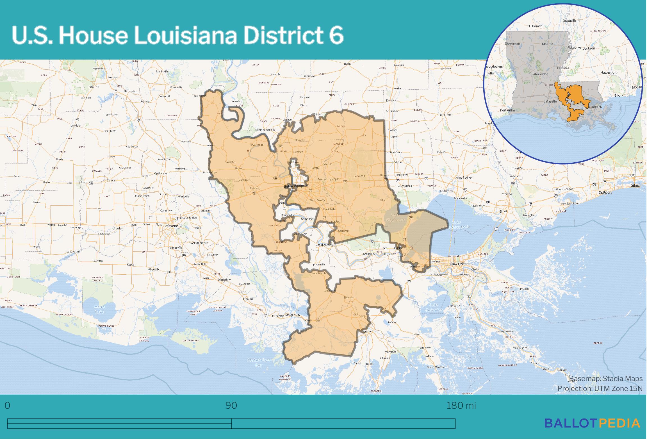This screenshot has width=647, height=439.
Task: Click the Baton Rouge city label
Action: click(294, 186)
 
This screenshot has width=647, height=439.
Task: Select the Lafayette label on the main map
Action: click(171, 226)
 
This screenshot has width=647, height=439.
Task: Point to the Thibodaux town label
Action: click(350, 297)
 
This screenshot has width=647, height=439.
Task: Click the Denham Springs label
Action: click(328, 179)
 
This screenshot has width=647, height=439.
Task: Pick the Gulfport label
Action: click(605, 192)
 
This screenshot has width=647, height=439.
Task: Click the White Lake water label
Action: click(99, 309)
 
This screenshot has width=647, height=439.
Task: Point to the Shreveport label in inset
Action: click(512, 44)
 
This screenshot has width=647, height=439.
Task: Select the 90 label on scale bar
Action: click(231, 406)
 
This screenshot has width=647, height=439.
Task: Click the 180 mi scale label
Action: click(461, 406)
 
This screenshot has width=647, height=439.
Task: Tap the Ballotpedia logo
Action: click(592, 423)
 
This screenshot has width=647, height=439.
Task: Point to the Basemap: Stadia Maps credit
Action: click(606, 379)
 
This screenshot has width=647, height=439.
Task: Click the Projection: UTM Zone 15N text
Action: click(600, 388)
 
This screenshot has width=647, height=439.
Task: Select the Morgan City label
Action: click(293, 315)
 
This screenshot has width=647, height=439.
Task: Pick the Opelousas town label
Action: click(161, 173)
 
